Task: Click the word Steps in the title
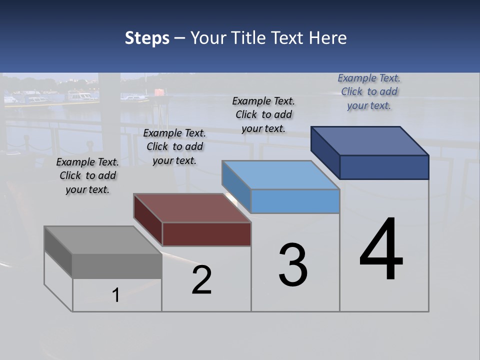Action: click(x=147, y=38)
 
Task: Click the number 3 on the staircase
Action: click(x=293, y=265)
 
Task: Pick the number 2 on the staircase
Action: click(x=202, y=280)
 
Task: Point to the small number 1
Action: click(x=116, y=295)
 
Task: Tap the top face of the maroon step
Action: click(x=192, y=207)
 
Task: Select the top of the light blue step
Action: click(x=281, y=175)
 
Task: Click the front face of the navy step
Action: click(x=384, y=167)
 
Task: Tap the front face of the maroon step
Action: click(x=206, y=234)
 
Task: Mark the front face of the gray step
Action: click(x=117, y=266)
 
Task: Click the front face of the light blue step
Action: click(x=295, y=201)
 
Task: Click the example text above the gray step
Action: click(x=87, y=176)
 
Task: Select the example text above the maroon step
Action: click(x=174, y=147)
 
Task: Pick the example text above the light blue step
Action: click(x=263, y=114)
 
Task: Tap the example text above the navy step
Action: click(x=369, y=91)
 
